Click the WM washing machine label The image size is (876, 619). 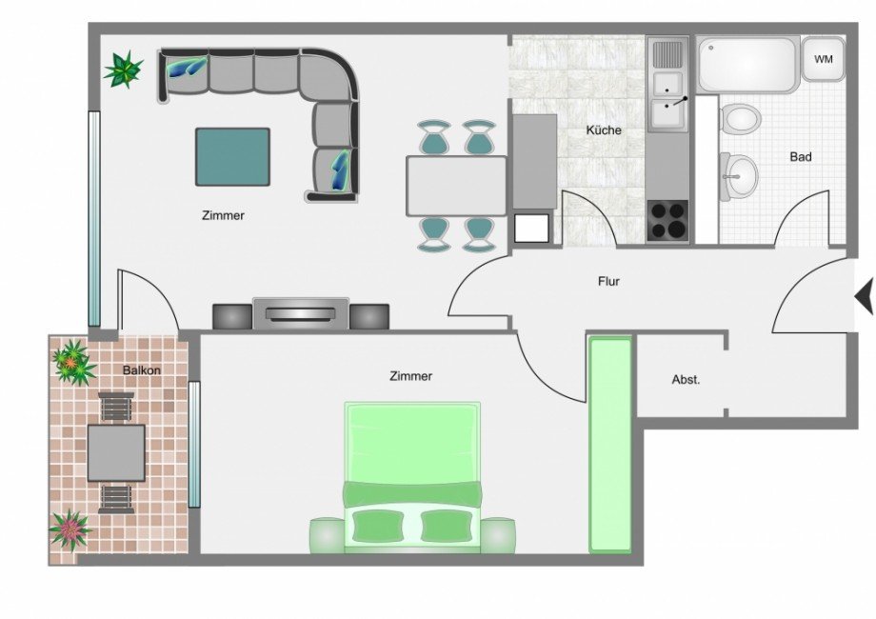click(824, 59)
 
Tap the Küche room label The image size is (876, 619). click(604, 130)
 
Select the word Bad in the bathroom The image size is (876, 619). click(801, 157)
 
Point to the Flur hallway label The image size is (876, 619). click(608, 282)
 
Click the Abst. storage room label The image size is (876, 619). click(686, 380)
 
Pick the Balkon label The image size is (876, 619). click(141, 370)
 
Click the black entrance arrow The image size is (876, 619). click(864, 297)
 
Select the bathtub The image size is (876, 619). click(747, 64)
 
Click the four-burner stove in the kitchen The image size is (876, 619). click(668, 221)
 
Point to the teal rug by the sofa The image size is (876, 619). click(232, 157)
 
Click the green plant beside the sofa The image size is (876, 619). click(124, 70)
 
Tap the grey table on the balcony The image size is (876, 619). click(116, 453)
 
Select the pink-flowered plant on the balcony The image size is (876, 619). click(70, 529)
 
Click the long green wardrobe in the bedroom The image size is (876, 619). click(610, 445)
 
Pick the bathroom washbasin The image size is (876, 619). click(739, 176)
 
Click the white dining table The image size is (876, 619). click(456, 186)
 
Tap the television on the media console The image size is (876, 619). click(301, 313)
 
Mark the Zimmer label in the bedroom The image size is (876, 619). click(410, 376)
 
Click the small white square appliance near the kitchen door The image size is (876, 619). click(531, 228)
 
